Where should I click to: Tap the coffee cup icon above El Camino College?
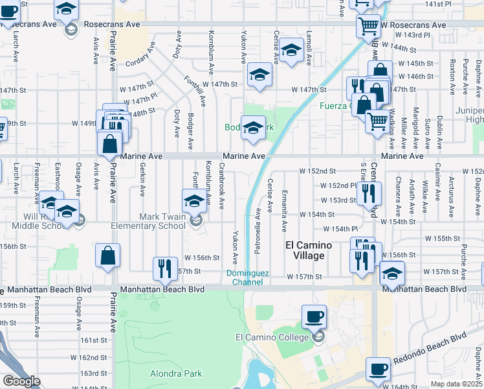314,316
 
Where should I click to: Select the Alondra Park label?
176,373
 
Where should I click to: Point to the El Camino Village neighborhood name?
309,250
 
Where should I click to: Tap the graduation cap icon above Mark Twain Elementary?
194,201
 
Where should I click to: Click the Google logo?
22,381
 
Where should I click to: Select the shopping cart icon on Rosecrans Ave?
368,27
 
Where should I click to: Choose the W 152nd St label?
317,171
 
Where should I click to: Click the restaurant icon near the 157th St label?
165,268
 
